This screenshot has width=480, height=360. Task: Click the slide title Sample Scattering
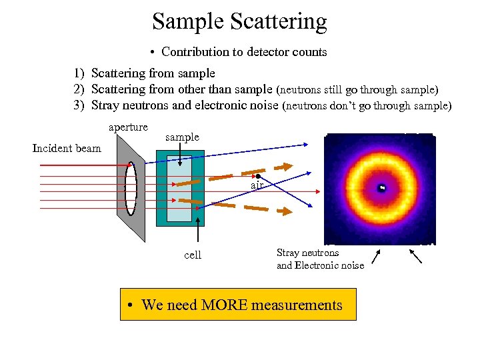[239, 21]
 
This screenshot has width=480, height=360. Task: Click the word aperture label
[128, 127]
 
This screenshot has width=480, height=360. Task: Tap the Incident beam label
[67, 148]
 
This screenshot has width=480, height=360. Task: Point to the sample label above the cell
[182, 137]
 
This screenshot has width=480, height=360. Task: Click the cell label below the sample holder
[193, 255]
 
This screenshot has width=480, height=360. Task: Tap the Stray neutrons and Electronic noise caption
[320, 259]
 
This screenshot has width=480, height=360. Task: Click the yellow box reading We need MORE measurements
[238, 305]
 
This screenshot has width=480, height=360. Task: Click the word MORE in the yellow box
[236, 305]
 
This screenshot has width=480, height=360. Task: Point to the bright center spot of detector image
[382, 188]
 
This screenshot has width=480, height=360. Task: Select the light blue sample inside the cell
[179, 189]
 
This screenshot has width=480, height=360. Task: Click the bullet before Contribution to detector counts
[153, 52]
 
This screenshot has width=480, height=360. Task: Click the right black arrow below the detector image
[415, 256]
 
